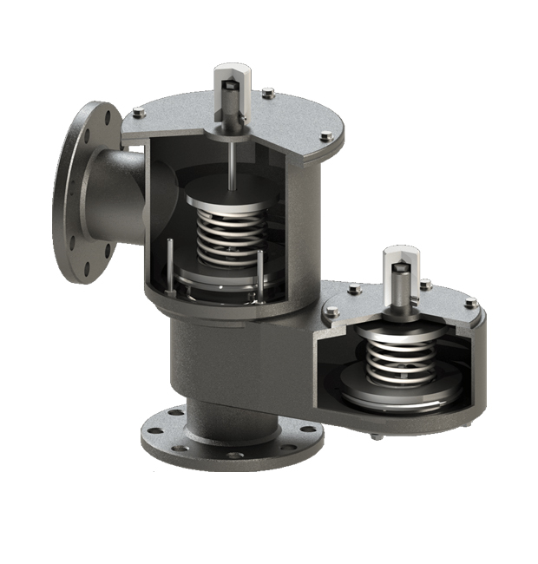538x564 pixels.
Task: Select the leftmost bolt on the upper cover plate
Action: [x=139, y=111]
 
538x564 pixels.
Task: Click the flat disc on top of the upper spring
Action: [x=227, y=201]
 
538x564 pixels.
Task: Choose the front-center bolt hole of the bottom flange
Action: [x=234, y=454]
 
